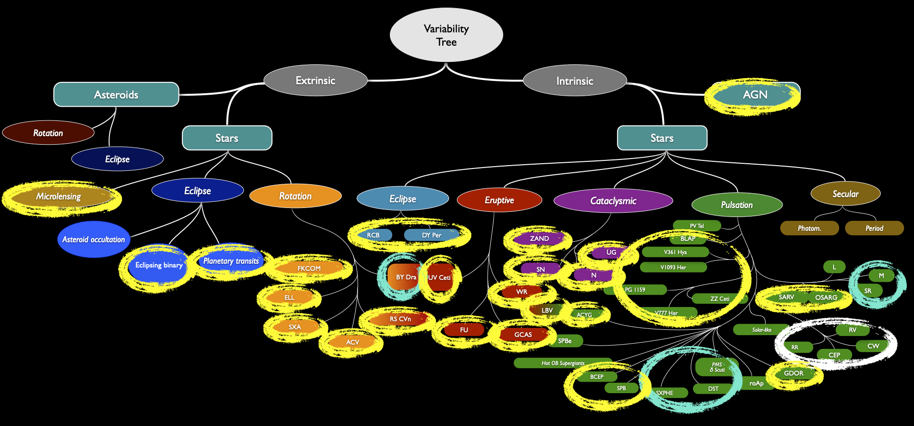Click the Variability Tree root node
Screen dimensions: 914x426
(x=447, y=35)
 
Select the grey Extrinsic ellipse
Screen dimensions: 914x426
(x=316, y=80)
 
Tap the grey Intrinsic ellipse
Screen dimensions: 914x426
(x=575, y=81)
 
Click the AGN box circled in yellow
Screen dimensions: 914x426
(x=755, y=95)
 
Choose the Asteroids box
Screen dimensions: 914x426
(x=116, y=94)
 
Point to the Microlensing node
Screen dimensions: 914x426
(x=59, y=197)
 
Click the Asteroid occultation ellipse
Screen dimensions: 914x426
(x=94, y=239)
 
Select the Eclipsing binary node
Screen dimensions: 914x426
(x=159, y=265)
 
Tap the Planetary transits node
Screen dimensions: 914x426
(x=231, y=261)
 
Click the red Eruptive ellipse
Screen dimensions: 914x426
(x=499, y=200)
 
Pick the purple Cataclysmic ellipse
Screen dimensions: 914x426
(x=613, y=201)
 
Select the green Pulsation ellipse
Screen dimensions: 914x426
(x=737, y=205)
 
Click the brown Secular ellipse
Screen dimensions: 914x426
(x=845, y=194)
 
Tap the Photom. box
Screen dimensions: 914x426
(x=809, y=228)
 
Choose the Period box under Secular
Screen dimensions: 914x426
(x=874, y=228)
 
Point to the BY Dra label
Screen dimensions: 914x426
(x=406, y=277)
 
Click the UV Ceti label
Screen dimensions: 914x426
(x=439, y=277)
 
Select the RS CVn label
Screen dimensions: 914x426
(x=400, y=319)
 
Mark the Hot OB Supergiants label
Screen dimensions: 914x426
(x=563, y=363)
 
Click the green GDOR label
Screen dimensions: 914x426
(x=794, y=373)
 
